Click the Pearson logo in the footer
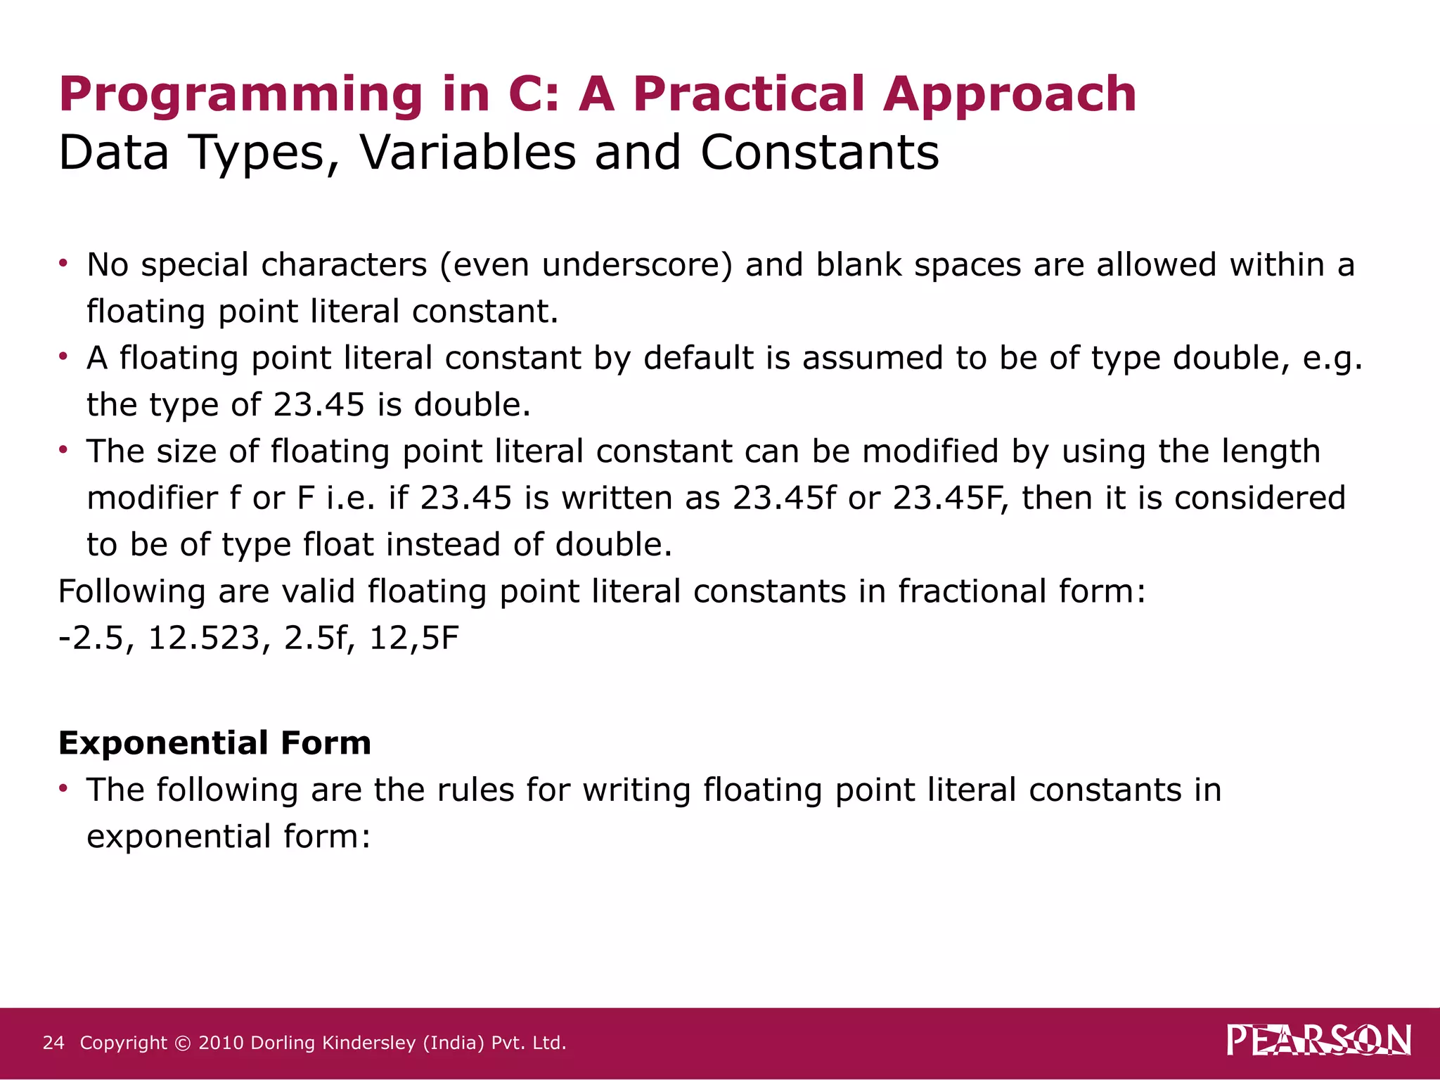1318,1041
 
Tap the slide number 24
53,1043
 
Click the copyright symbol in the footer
182,1043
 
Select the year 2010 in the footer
221,1043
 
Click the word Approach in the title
1010,95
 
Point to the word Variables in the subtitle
468,153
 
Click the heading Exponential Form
214,743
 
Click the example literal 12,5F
413,638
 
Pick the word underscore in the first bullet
637,265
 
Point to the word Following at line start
131,592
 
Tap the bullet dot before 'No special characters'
63,263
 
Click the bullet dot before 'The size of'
63,449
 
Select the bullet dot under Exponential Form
63,788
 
